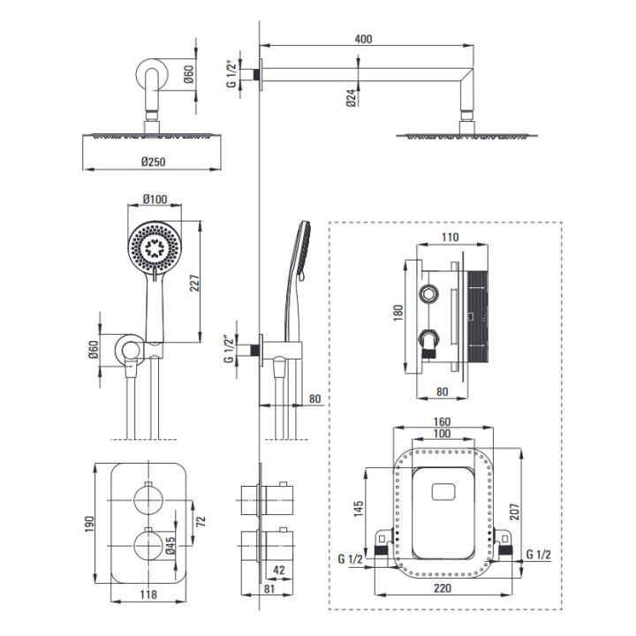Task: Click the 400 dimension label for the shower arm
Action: tap(363, 39)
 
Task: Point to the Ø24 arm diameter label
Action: tap(351, 97)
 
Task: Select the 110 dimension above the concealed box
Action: tap(451, 237)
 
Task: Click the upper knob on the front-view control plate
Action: tap(147, 500)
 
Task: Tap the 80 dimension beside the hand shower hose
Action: tap(315, 399)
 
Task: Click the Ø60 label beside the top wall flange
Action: tap(189, 76)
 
